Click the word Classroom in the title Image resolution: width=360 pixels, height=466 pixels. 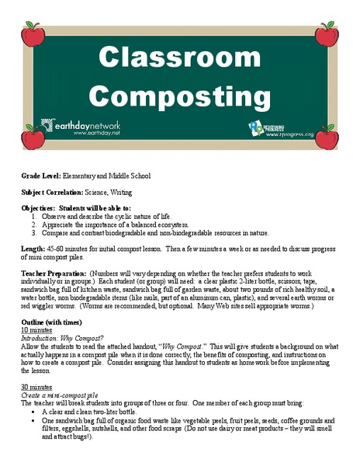point(179,58)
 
